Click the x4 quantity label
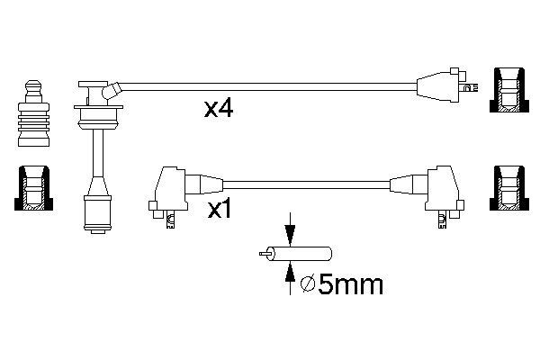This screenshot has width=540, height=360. click(x=219, y=108)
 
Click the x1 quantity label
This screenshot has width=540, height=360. click(x=220, y=209)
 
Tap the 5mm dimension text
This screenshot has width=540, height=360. click(x=350, y=284)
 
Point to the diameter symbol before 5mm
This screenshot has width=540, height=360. click(x=308, y=284)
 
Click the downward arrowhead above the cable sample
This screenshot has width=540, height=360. click(x=291, y=234)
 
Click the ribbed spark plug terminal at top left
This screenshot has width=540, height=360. click(x=33, y=113)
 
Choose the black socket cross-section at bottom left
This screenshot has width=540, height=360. click(x=33, y=188)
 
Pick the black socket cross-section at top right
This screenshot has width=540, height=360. click(x=509, y=90)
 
